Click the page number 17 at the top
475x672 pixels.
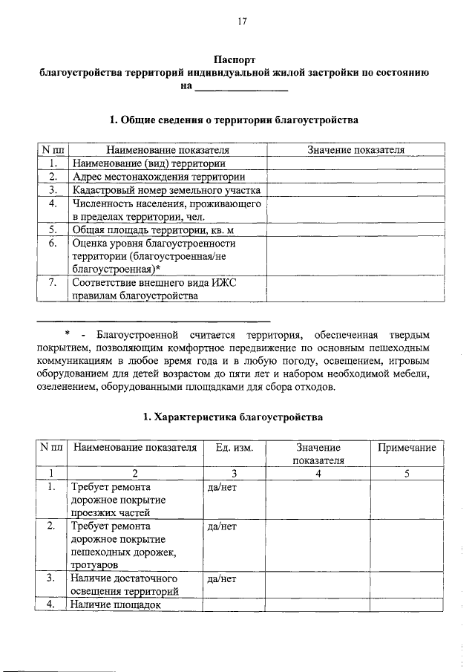tap(242, 22)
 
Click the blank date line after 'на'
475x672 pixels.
tap(240, 88)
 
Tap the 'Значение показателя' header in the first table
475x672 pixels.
tap(356, 150)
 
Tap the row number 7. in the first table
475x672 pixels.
tap(53, 282)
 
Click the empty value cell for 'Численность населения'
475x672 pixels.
tap(356, 210)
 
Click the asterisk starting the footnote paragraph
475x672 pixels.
tap(67, 334)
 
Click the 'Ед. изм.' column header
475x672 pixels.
tap(234, 448)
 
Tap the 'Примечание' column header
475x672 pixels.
tap(407, 448)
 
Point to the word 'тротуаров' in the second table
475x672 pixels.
tap(94, 565)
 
